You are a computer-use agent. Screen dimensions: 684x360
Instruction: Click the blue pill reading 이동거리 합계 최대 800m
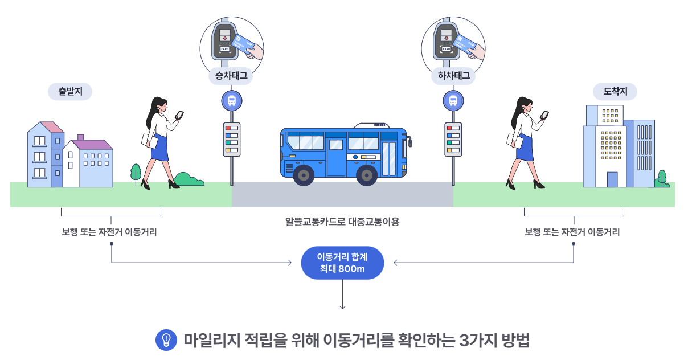(x=342, y=263)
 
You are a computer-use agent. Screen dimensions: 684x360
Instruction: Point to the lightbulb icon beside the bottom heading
(x=166, y=339)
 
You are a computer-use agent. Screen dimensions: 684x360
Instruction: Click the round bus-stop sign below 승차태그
(x=232, y=101)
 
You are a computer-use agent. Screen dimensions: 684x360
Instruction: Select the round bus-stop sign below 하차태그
(x=453, y=101)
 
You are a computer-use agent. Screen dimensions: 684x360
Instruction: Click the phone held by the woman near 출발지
(x=179, y=114)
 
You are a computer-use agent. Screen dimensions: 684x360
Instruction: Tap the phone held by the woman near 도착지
(x=544, y=114)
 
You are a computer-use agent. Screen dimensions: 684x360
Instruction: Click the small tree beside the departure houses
(x=136, y=171)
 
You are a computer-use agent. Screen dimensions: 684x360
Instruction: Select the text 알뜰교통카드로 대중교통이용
(x=342, y=222)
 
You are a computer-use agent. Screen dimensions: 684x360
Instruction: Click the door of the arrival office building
(x=612, y=179)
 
